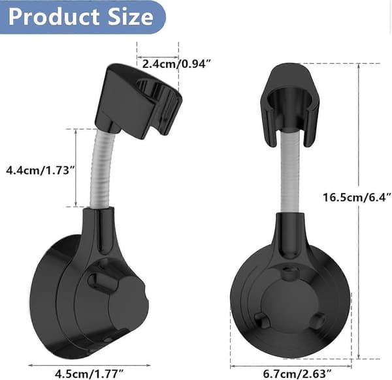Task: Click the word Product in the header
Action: point(54,17)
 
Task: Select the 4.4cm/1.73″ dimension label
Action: point(41,171)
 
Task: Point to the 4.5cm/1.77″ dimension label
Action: point(90,373)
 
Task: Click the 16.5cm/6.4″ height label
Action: point(357,197)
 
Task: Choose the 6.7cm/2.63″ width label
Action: point(297,373)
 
